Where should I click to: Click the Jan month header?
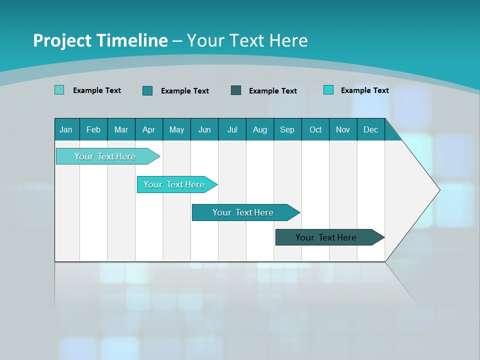(66, 129)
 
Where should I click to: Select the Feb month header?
(93, 129)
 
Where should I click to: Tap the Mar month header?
(121, 129)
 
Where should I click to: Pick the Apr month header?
(148, 129)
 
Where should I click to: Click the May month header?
(176, 129)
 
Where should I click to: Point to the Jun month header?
(204, 129)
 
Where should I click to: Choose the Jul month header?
(232, 129)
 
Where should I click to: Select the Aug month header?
(259, 129)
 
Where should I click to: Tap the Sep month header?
(287, 129)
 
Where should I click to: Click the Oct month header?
(315, 129)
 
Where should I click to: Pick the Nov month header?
(343, 129)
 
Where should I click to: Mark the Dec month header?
(370, 129)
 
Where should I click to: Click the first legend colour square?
(59, 90)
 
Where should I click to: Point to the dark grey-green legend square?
(236, 90)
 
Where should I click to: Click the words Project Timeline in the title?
(100, 40)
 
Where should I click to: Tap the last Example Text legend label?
(364, 90)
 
